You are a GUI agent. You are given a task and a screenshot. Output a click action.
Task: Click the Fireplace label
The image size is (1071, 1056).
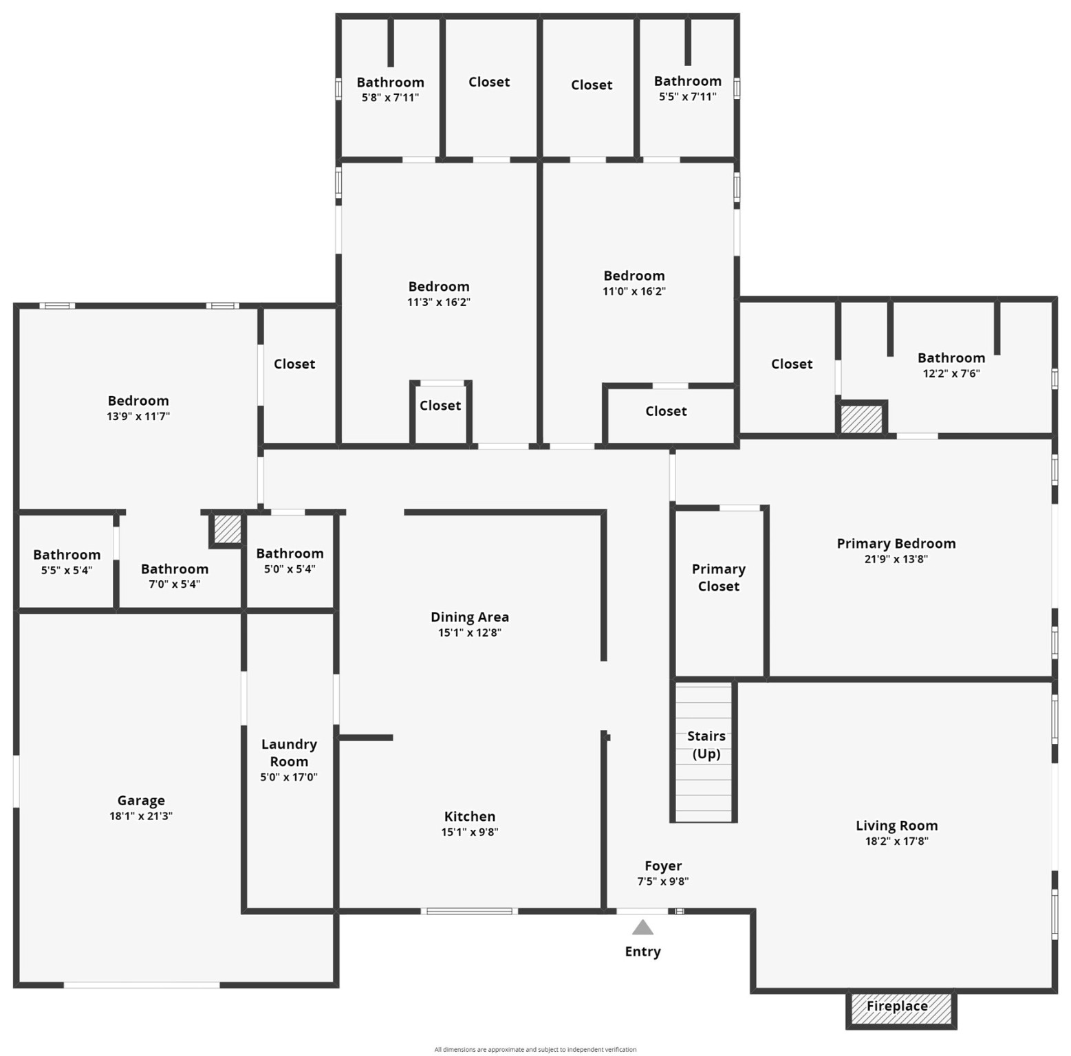(x=896, y=1006)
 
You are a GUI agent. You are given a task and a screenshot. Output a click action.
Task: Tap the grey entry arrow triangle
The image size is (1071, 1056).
(x=642, y=928)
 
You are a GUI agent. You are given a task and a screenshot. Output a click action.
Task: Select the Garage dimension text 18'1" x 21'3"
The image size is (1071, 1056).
(x=141, y=816)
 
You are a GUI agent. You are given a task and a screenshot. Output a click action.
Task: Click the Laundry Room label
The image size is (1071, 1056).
(x=289, y=753)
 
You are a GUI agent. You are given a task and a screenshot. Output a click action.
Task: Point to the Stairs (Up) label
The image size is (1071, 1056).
(x=706, y=745)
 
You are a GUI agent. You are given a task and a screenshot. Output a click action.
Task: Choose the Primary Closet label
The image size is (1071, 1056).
(x=718, y=577)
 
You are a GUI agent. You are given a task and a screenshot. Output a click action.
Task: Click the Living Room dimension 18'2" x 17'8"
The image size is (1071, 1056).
(x=896, y=841)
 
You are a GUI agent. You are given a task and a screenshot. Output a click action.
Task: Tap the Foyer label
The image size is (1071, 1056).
(x=663, y=866)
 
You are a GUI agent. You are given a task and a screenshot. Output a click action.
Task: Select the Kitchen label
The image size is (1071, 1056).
(x=470, y=816)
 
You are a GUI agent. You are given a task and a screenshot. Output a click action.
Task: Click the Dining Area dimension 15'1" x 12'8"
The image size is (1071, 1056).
(x=470, y=632)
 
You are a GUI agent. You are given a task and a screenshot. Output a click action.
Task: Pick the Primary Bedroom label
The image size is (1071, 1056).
(x=896, y=543)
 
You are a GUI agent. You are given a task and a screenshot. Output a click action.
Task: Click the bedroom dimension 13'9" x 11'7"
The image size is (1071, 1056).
(x=138, y=416)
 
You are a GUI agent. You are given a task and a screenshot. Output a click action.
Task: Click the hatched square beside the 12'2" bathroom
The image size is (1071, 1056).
(x=862, y=419)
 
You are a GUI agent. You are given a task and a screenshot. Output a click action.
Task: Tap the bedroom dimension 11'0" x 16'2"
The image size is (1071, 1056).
(x=634, y=291)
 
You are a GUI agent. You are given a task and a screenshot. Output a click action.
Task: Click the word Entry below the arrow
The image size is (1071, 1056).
(x=642, y=951)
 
